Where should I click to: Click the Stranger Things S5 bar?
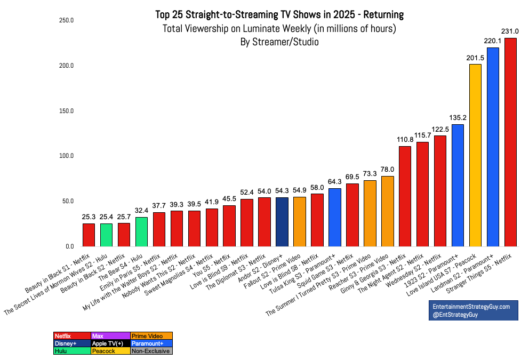510,142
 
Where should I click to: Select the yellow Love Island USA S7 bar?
475,155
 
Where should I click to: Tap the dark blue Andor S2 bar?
282,222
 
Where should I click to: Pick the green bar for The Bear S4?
141,232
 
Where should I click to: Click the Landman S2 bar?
493,147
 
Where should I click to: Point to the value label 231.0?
510,31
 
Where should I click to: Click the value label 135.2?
458,118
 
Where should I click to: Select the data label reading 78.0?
387,170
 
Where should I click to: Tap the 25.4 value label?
106,217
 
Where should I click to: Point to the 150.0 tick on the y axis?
66,111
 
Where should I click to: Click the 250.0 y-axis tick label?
66,20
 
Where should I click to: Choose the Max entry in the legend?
111,336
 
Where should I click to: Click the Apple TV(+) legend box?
111,343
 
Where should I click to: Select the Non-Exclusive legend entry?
151,351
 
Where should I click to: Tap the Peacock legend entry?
111,351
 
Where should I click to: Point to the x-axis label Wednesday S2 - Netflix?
413,270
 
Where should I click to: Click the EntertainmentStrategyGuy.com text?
471,307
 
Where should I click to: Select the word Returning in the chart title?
383,14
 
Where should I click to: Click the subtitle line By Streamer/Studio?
279,42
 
